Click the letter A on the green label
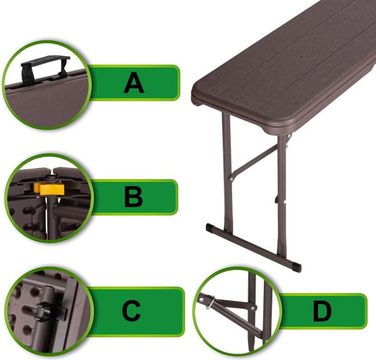134,83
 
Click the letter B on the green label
133,197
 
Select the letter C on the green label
131,311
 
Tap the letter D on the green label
322,311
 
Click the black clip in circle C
49,311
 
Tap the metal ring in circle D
211,302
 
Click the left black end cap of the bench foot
210,227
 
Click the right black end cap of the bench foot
296,267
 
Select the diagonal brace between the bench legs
254,161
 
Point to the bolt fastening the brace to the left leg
231,178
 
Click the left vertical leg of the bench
227,172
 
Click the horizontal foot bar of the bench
253,247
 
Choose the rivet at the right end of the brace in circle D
252,307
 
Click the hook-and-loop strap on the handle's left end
27,75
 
